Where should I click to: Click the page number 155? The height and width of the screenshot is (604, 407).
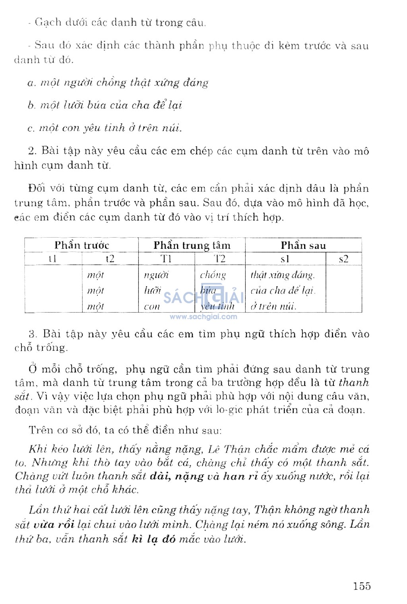click(362, 586)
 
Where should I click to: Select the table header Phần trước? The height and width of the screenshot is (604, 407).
click(81, 245)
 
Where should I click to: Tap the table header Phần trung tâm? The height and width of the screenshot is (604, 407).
click(192, 245)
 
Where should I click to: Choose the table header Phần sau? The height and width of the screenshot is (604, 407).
click(303, 245)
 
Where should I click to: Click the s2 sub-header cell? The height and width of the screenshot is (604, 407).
click(343, 259)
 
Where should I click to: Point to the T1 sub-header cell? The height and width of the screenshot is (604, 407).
click(166, 259)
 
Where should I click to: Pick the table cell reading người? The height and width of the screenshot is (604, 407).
click(156, 275)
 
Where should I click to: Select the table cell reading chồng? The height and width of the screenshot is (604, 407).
click(213, 275)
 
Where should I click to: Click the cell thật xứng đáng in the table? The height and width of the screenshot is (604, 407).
click(282, 275)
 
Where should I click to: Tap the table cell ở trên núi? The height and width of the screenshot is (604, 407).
click(273, 306)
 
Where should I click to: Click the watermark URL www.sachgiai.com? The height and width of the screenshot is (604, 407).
click(203, 317)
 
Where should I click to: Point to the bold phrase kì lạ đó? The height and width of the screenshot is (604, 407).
click(153, 539)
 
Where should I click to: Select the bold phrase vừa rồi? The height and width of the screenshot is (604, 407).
click(54, 525)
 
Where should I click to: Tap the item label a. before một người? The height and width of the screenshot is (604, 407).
click(31, 83)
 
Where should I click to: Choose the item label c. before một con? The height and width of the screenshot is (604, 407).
click(31, 128)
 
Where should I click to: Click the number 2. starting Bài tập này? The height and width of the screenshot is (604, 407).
click(32, 151)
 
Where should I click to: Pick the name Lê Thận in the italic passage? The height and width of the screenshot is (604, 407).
click(229, 449)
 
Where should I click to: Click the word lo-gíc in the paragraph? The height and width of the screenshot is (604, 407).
click(229, 410)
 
